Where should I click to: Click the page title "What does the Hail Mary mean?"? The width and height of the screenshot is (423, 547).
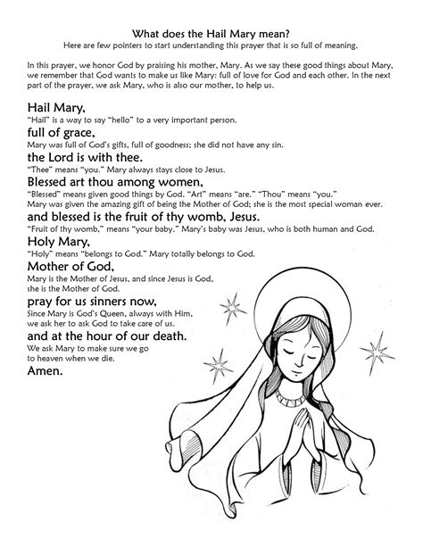(211, 30)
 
